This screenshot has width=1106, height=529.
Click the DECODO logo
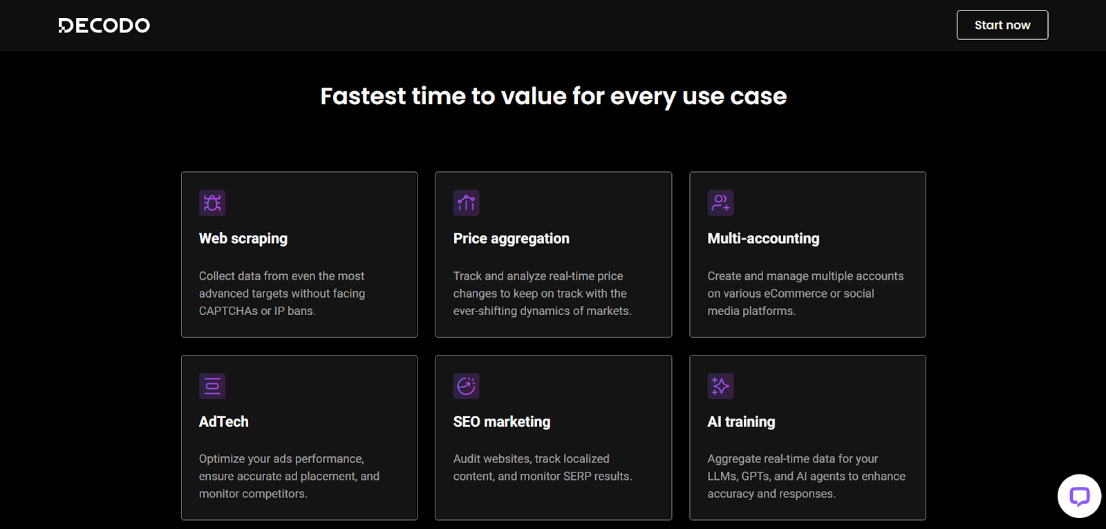point(104,25)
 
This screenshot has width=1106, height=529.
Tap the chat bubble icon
point(1079,496)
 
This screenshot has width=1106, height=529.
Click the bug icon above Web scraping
point(212,203)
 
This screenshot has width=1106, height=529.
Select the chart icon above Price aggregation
point(466,203)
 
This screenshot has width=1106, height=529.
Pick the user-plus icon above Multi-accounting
point(720,203)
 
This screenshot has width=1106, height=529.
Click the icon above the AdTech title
point(212,386)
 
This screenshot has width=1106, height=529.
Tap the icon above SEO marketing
point(466,386)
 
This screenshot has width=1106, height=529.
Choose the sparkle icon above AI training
point(720,386)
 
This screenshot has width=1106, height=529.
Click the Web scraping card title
point(243,239)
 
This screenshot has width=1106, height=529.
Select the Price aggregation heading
point(511,239)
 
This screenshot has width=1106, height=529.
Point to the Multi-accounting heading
point(763,239)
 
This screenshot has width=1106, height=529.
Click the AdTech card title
point(224,421)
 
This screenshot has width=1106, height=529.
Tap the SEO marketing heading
point(502,422)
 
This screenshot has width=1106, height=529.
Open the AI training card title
point(741,422)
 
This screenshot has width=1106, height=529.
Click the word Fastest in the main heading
point(363,96)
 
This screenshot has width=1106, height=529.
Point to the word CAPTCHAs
point(228,311)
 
